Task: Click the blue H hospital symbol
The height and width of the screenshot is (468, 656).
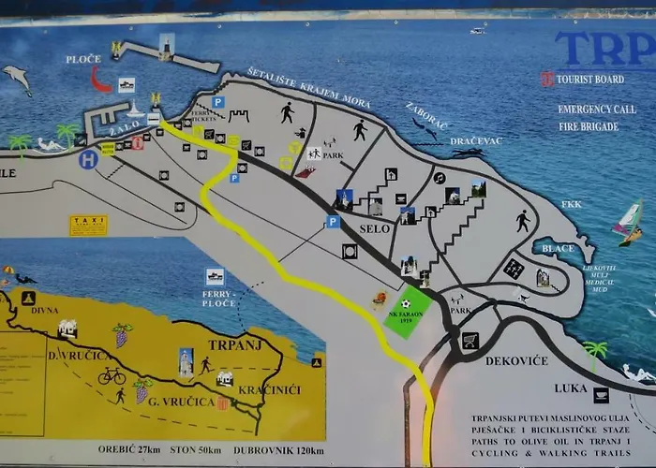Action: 88,160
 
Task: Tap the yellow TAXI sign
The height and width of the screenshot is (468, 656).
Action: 88,226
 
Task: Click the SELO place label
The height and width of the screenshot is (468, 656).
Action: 374,228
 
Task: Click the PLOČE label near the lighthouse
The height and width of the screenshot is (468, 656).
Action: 82,59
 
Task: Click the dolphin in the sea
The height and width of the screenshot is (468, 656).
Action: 16,78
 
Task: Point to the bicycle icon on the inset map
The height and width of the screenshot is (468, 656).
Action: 112,375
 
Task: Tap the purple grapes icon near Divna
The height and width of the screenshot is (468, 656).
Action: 122,334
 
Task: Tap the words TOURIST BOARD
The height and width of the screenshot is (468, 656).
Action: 589,80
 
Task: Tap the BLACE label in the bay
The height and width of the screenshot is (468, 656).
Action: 558,248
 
